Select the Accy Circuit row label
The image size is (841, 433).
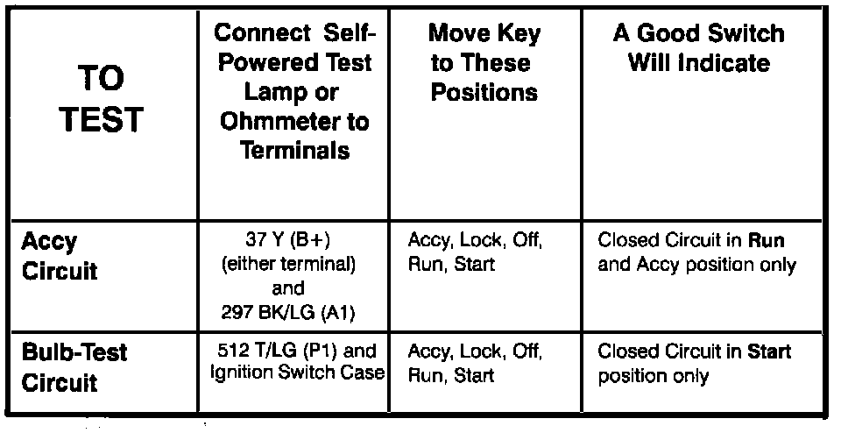(59, 256)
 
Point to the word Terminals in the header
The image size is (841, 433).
(294, 150)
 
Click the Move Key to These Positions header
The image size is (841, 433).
(484, 63)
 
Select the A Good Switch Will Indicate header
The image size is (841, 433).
(698, 49)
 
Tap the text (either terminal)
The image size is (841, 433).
(294, 264)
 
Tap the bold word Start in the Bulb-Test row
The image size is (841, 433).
(768, 352)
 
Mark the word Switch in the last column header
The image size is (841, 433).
(741, 34)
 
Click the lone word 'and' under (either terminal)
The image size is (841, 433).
(294, 287)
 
